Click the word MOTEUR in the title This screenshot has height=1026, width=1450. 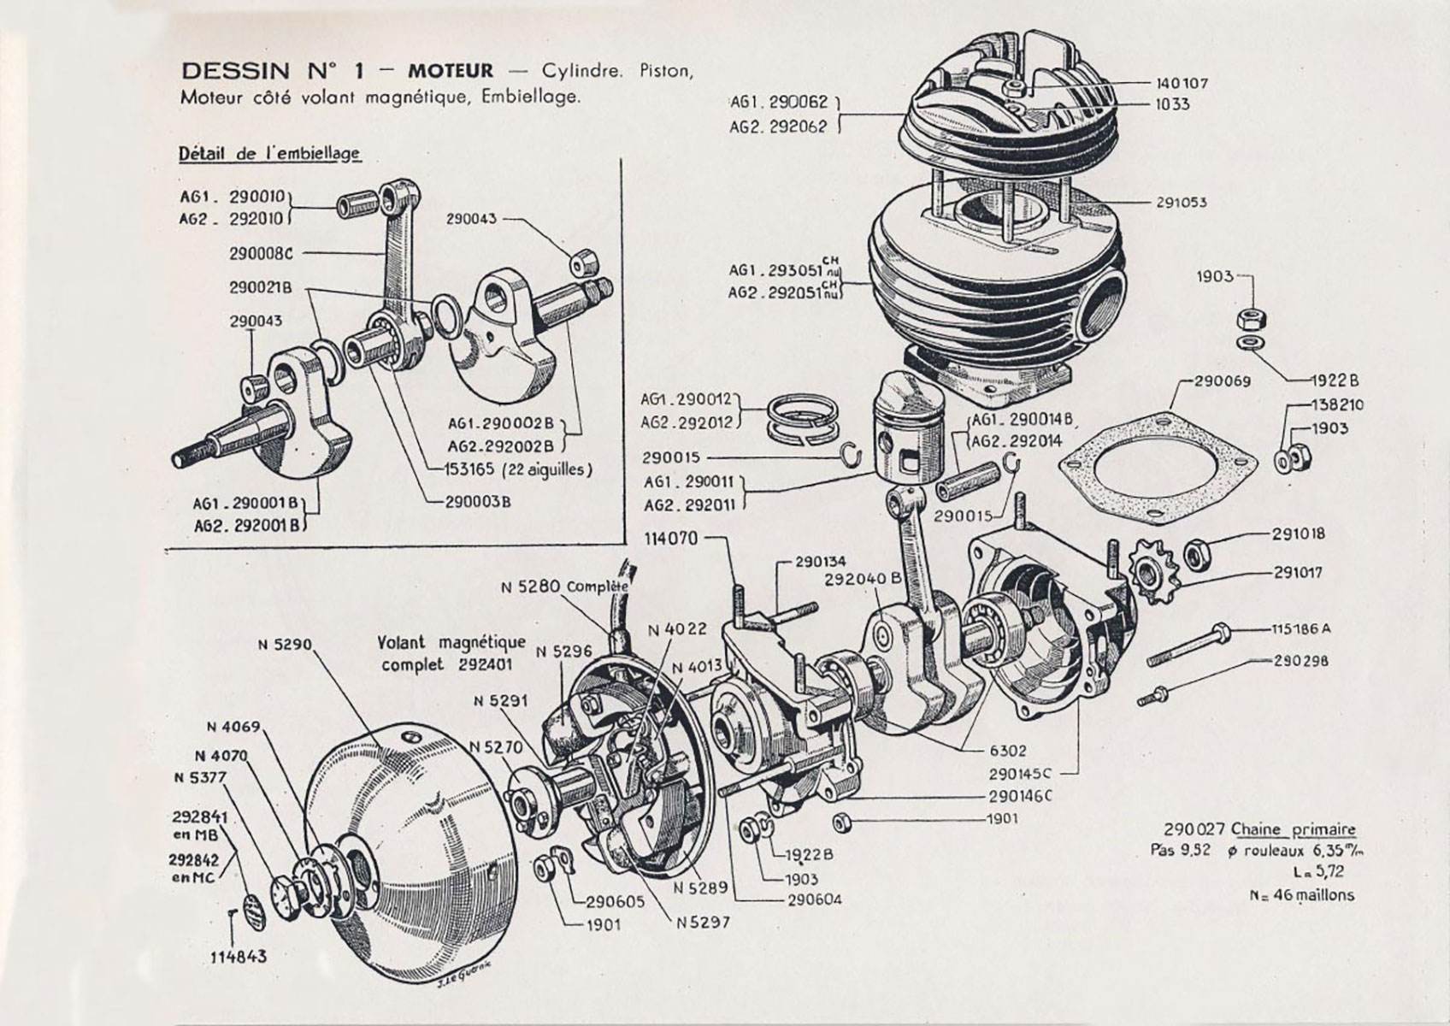point(450,70)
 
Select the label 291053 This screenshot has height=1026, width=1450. point(1182,203)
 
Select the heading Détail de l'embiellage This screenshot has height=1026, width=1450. point(269,154)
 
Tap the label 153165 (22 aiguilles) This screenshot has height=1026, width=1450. point(518,469)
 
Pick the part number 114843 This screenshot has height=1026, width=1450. point(239,956)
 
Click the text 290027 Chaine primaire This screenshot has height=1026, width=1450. point(1258,829)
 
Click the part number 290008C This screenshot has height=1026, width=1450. point(261,253)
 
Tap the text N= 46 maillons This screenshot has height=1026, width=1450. point(1301,895)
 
